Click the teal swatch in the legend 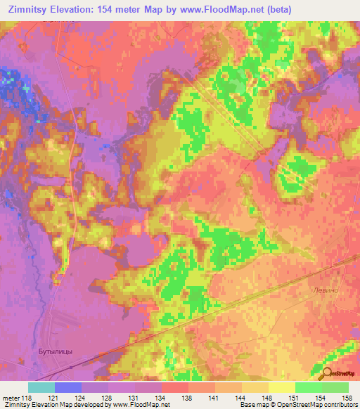pyautogui.click(x=41, y=387)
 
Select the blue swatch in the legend pyautogui.click(x=67, y=387)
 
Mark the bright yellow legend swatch pyautogui.click(x=281, y=387)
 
